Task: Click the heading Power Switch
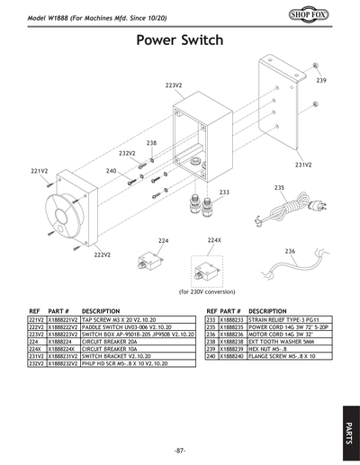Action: pos(180,41)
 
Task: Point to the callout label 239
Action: pos(320,81)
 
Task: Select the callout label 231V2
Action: pos(303,165)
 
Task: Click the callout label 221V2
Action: pos(39,170)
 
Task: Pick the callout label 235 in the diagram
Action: pos(279,187)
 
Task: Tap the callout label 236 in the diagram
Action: pos(290,251)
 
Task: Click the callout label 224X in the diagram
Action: pos(214,241)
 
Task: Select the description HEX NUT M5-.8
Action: pos(270,349)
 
